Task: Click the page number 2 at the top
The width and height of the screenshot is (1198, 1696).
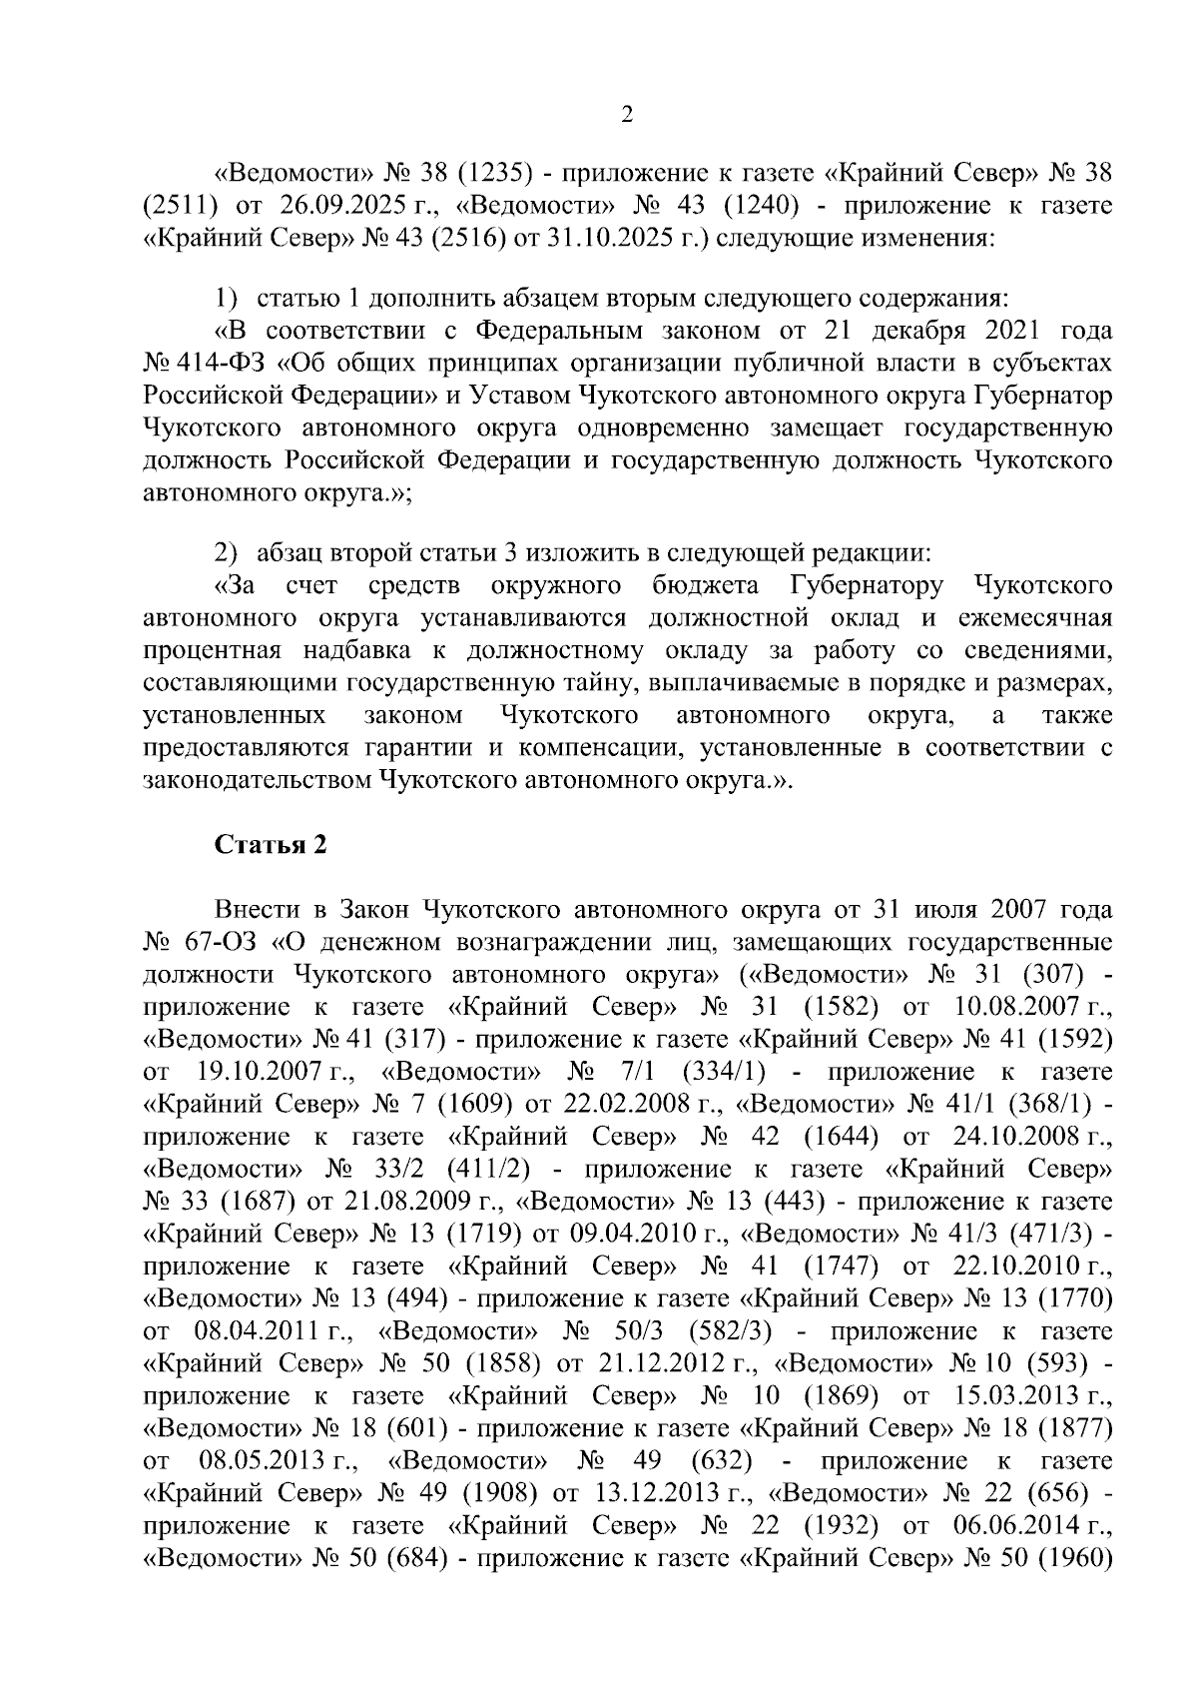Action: (x=627, y=115)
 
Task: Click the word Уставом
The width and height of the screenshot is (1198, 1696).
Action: (x=515, y=395)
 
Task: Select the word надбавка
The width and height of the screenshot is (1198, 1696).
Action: (x=349, y=650)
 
